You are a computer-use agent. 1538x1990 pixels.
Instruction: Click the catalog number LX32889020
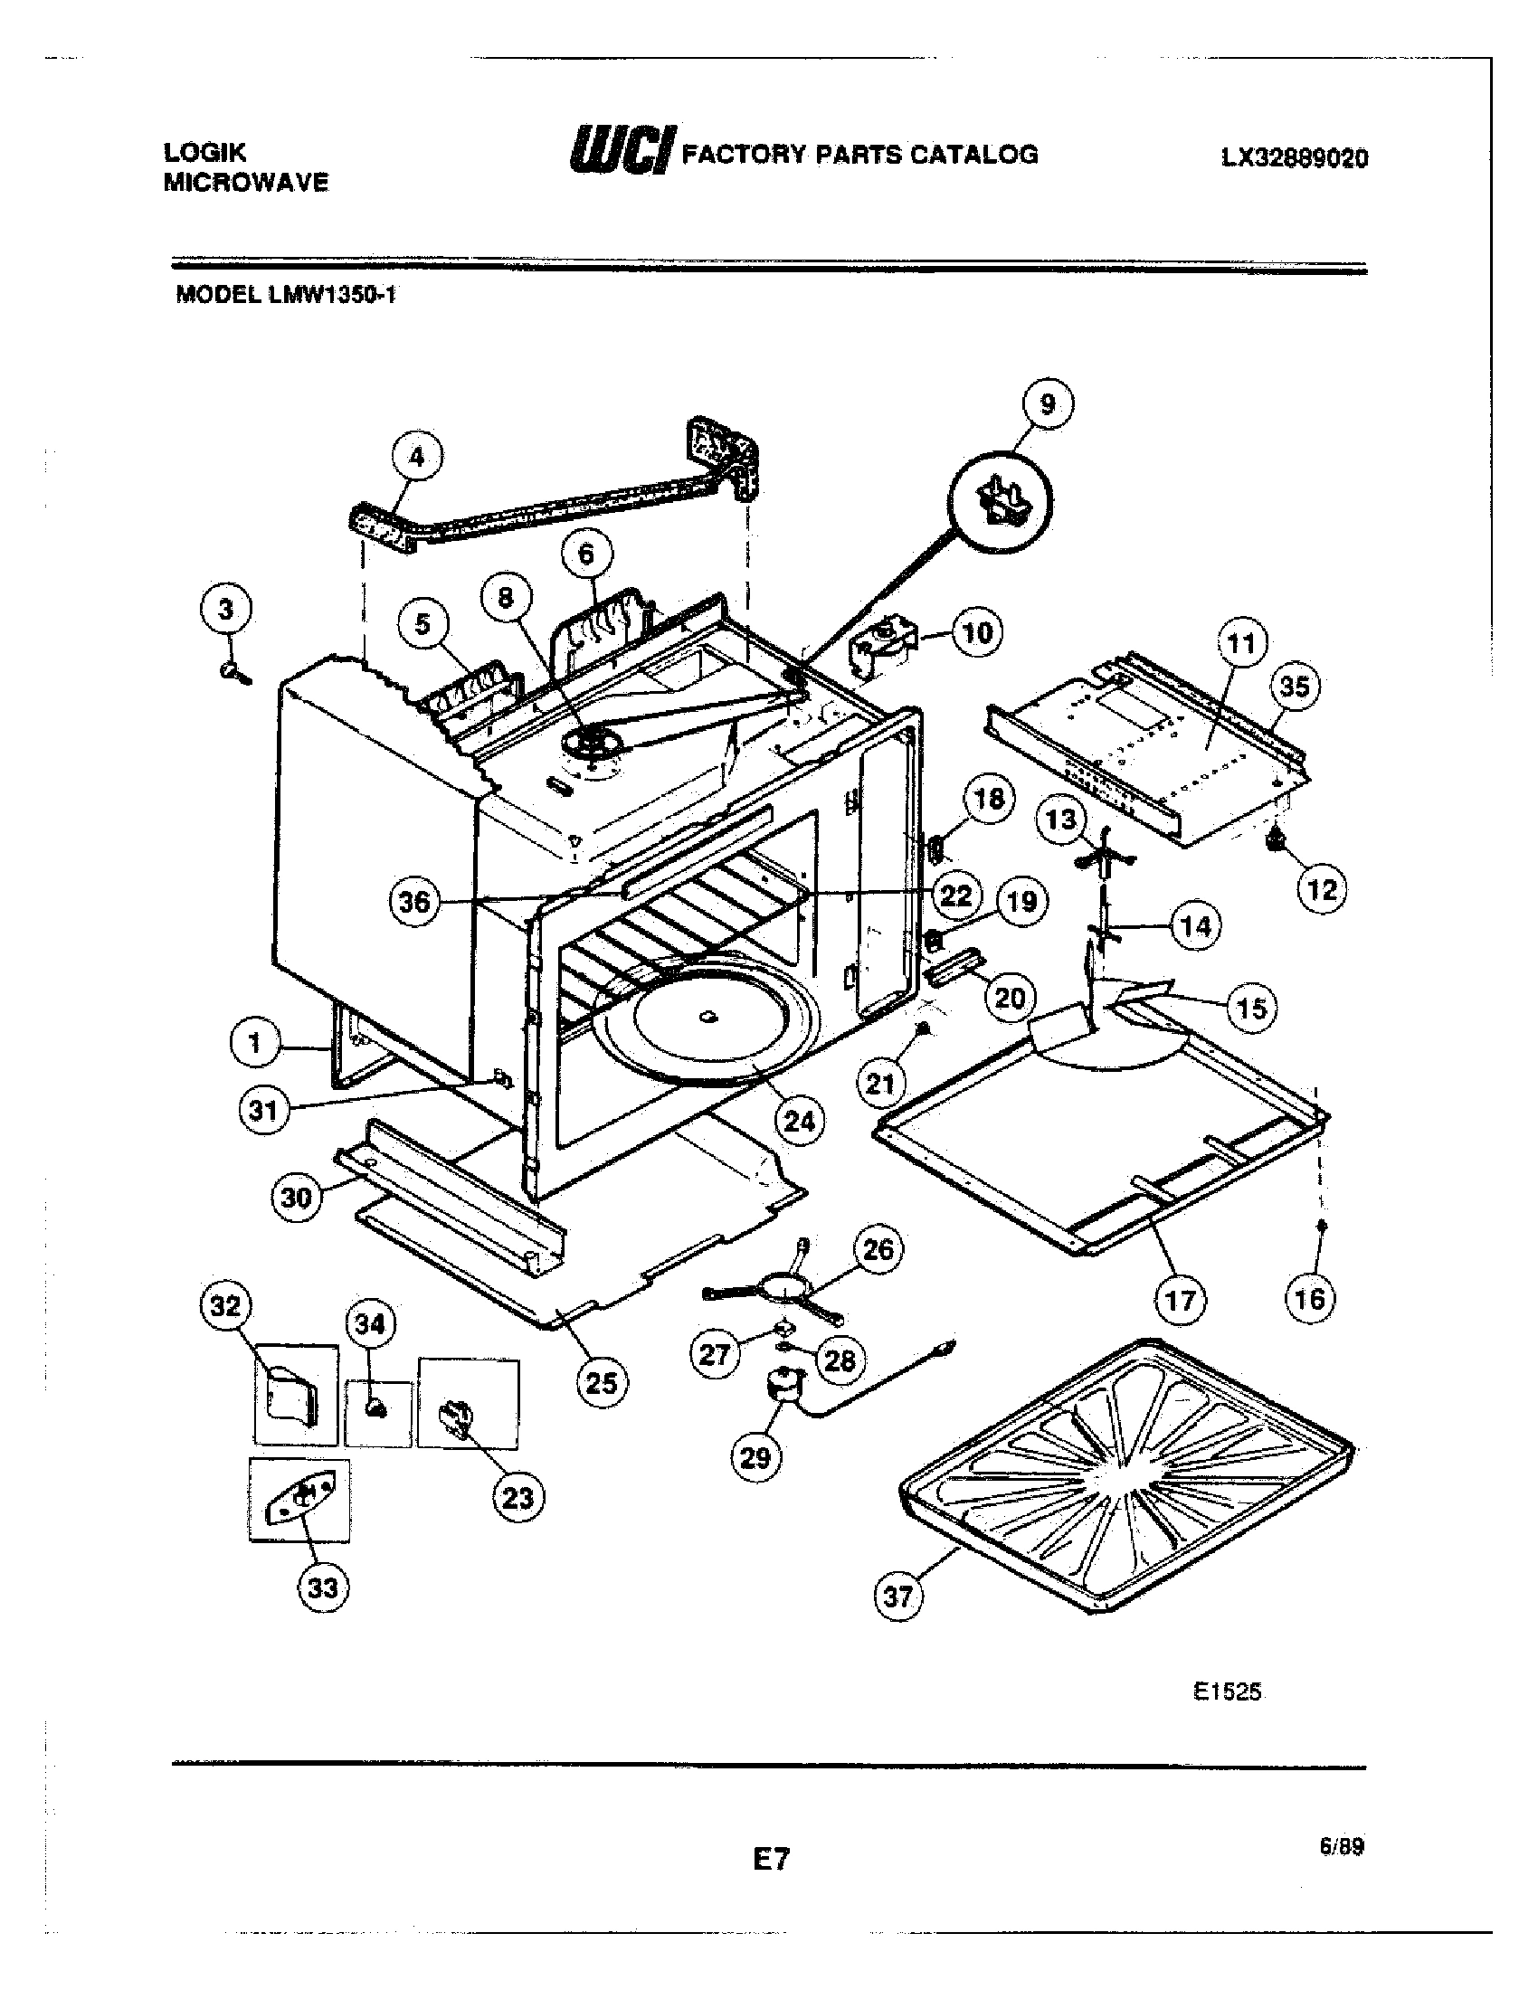[1294, 158]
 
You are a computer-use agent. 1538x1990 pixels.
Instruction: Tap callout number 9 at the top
[1047, 403]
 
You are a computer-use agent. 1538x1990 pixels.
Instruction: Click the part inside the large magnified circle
[1001, 503]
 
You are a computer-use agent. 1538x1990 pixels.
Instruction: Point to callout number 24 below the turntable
[798, 1120]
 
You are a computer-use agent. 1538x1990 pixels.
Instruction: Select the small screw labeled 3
[228, 673]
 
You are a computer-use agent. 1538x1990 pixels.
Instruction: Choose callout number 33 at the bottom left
[323, 1588]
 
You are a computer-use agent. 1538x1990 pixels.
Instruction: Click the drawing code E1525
[1229, 1692]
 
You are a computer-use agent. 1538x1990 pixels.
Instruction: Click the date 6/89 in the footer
[1340, 1847]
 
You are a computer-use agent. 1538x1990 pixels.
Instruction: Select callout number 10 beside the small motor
[976, 632]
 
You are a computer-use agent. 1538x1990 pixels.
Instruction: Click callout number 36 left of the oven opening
[414, 902]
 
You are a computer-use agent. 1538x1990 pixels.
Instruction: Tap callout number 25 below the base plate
[602, 1383]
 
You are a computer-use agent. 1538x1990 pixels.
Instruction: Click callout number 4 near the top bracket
[416, 457]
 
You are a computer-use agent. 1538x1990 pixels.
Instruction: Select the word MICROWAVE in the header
[246, 182]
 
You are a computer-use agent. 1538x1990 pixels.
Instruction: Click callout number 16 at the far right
[1309, 1297]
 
